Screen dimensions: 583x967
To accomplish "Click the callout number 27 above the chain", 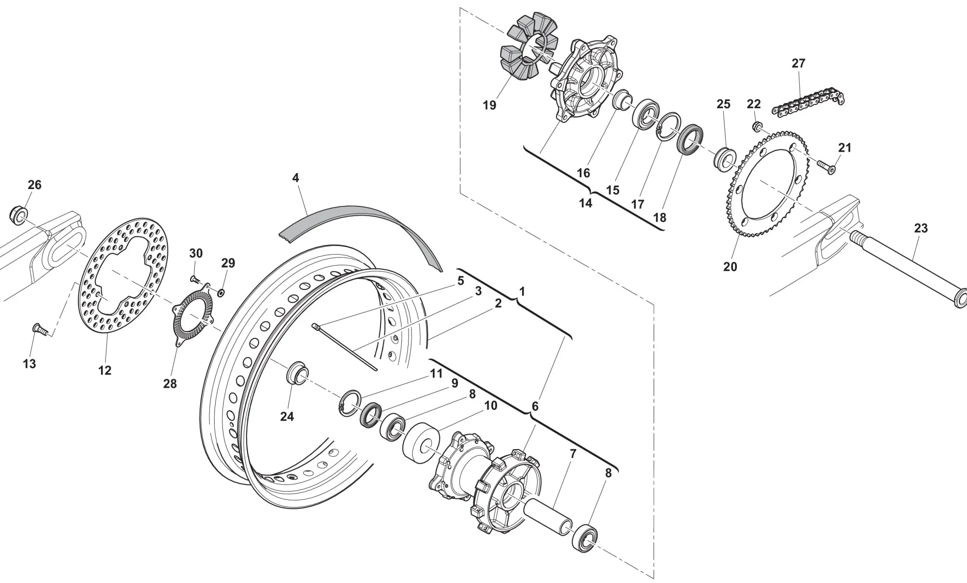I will pos(798,63).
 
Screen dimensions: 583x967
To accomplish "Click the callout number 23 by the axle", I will pos(921,228).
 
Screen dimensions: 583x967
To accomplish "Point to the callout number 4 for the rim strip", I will pos(295,178).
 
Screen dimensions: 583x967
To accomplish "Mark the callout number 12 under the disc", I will pos(105,370).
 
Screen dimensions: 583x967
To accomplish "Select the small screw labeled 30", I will pos(194,279).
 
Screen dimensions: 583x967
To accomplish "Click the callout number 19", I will pos(489,105).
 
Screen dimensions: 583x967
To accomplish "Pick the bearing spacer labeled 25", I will pos(725,158).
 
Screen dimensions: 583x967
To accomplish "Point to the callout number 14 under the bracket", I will pos(586,204).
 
